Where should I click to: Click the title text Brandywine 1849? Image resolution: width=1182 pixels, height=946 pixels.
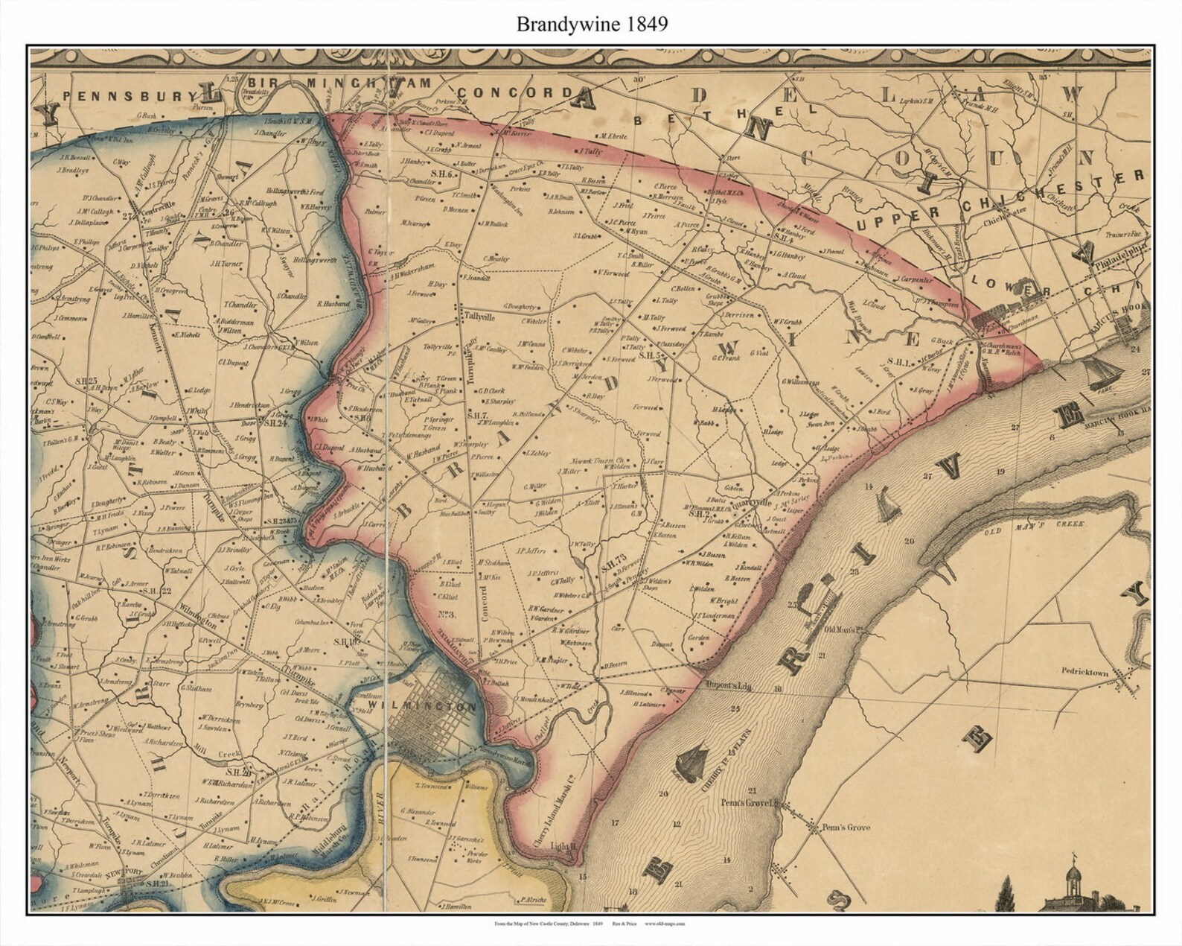592,24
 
